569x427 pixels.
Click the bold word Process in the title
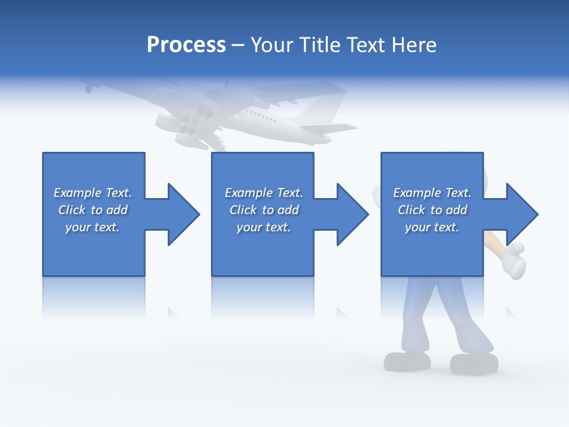(x=186, y=44)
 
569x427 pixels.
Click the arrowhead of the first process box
(x=183, y=214)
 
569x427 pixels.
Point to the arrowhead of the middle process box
(x=352, y=214)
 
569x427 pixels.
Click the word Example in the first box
(x=78, y=193)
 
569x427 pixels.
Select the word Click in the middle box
(x=242, y=210)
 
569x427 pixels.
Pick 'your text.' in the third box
(x=431, y=227)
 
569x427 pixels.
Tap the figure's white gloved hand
(x=512, y=259)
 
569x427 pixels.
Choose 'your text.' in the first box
(x=92, y=227)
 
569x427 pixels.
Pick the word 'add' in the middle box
(x=288, y=210)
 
